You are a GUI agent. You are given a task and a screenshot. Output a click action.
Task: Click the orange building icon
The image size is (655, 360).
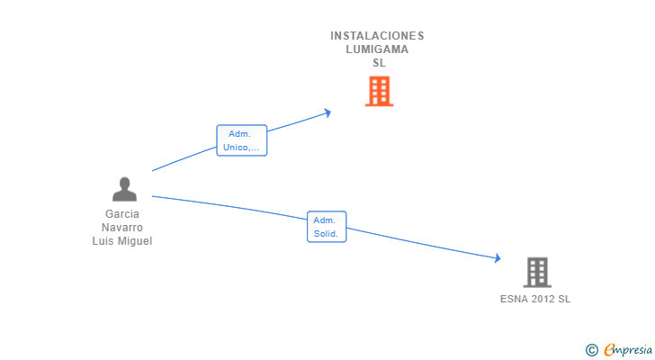pyautogui.click(x=380, y=91)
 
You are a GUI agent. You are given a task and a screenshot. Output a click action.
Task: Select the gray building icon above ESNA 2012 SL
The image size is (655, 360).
pyautogui.click(x=537, y=273)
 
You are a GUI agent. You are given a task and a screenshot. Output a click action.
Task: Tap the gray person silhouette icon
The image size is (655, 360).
pyautogui.click(x=124, y=189)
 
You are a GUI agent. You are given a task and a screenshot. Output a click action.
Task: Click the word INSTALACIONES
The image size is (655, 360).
pyautogui.click(x=377, y=36)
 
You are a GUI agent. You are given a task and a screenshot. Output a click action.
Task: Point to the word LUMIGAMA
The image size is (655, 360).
pyautogui.click(x=377, y=49)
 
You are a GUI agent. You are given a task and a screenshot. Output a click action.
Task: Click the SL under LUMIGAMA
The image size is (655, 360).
pyautogui.click(x=380, y=63)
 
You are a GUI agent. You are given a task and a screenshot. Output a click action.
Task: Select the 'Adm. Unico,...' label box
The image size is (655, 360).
pyautogui.click(x=241, y=140)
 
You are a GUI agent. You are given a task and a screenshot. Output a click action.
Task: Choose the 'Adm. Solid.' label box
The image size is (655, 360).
pyautogui.click(x=327, y=227)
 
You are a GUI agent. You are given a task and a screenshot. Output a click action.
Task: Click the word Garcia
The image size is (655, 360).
pyautogui.click(x=122, y=214)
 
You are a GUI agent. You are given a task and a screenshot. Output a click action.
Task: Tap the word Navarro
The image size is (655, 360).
pyautogui.click(x=122, y=228)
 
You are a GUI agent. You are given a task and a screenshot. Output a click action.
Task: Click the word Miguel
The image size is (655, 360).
pyautogui.click(x=135, y=241)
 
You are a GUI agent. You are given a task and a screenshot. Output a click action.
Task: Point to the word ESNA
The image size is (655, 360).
pyautogui.click(x=512, y=299)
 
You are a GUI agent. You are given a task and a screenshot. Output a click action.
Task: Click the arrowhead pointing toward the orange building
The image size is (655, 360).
pyautogui.click(x=327, y=112)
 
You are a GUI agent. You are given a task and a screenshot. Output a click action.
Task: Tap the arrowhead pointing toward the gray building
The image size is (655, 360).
pyautogui.click(x=497, y=257)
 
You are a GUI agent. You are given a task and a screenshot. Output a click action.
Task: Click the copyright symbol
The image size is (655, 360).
pyautogui.click(x=592, y=350)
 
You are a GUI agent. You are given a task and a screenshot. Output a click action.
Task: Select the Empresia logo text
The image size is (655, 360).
pyautogui.click(x=628, y=350)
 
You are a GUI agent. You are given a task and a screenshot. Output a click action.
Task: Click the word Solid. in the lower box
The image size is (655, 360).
pyautogui.click(x=326, y=233)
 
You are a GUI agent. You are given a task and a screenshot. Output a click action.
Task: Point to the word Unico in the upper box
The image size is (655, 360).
pyautogui.click(x=236, y=148)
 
